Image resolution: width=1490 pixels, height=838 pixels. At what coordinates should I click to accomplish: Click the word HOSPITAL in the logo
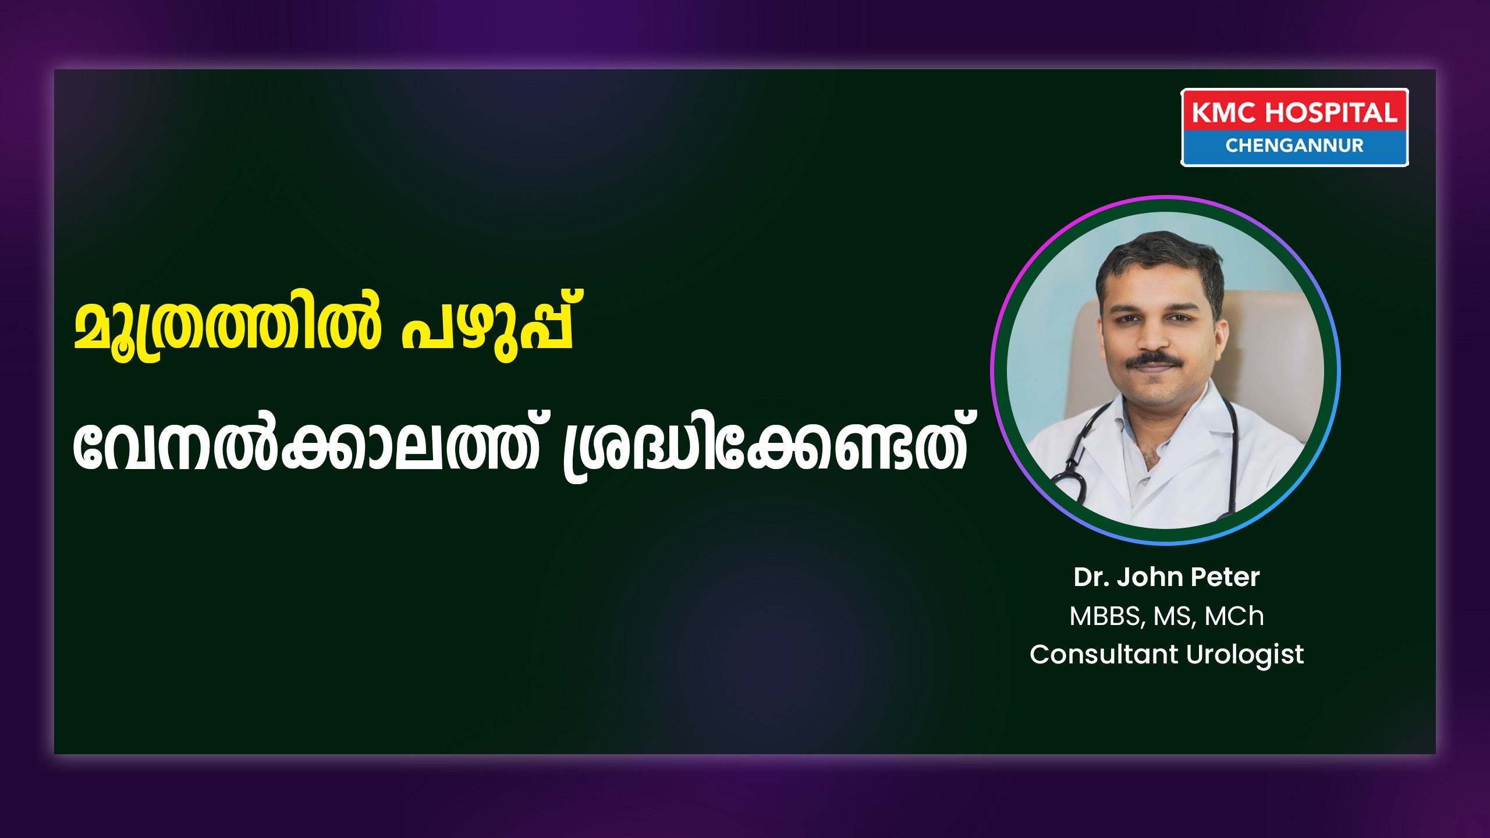pyautogui.click(x=1331, y=112)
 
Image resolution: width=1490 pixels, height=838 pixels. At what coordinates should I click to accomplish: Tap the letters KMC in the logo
pyautogui.click(x=1224, y=112)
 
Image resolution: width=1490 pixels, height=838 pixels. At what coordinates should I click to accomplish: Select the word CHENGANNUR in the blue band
pyautogui.click(x=1294, y=145)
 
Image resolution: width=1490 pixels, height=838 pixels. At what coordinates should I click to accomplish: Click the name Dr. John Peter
pyautogui.click(x=1166, y=577)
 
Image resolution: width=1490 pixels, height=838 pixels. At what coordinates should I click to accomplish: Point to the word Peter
pyautogui.click(x=1225, y=577)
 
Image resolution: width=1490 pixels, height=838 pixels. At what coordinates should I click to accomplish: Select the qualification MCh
pyautogui.click(x=1234, y=616)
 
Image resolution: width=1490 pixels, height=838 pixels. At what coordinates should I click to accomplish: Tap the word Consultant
pyautogui.click(x=1104, y=654)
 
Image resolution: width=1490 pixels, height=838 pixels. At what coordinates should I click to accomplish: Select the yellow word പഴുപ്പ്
pyautogui.click(x=488, y=327)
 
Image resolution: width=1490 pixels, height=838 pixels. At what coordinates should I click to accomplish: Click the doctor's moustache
pyautogui.click(x=1154, y=360)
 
